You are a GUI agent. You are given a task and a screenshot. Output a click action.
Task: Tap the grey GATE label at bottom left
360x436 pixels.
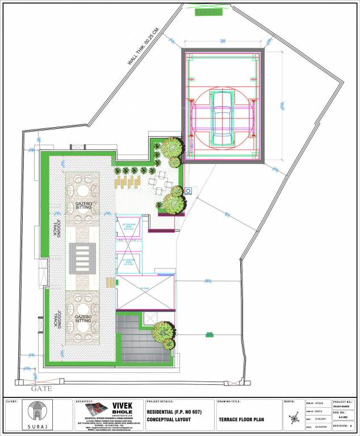click(41, 388)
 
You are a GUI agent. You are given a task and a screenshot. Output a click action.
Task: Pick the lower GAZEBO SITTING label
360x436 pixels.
click(83, 318)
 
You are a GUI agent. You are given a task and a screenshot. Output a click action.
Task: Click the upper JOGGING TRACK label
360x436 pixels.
click(59, 230)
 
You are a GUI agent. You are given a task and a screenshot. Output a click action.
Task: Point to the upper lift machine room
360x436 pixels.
click(128, 227)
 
